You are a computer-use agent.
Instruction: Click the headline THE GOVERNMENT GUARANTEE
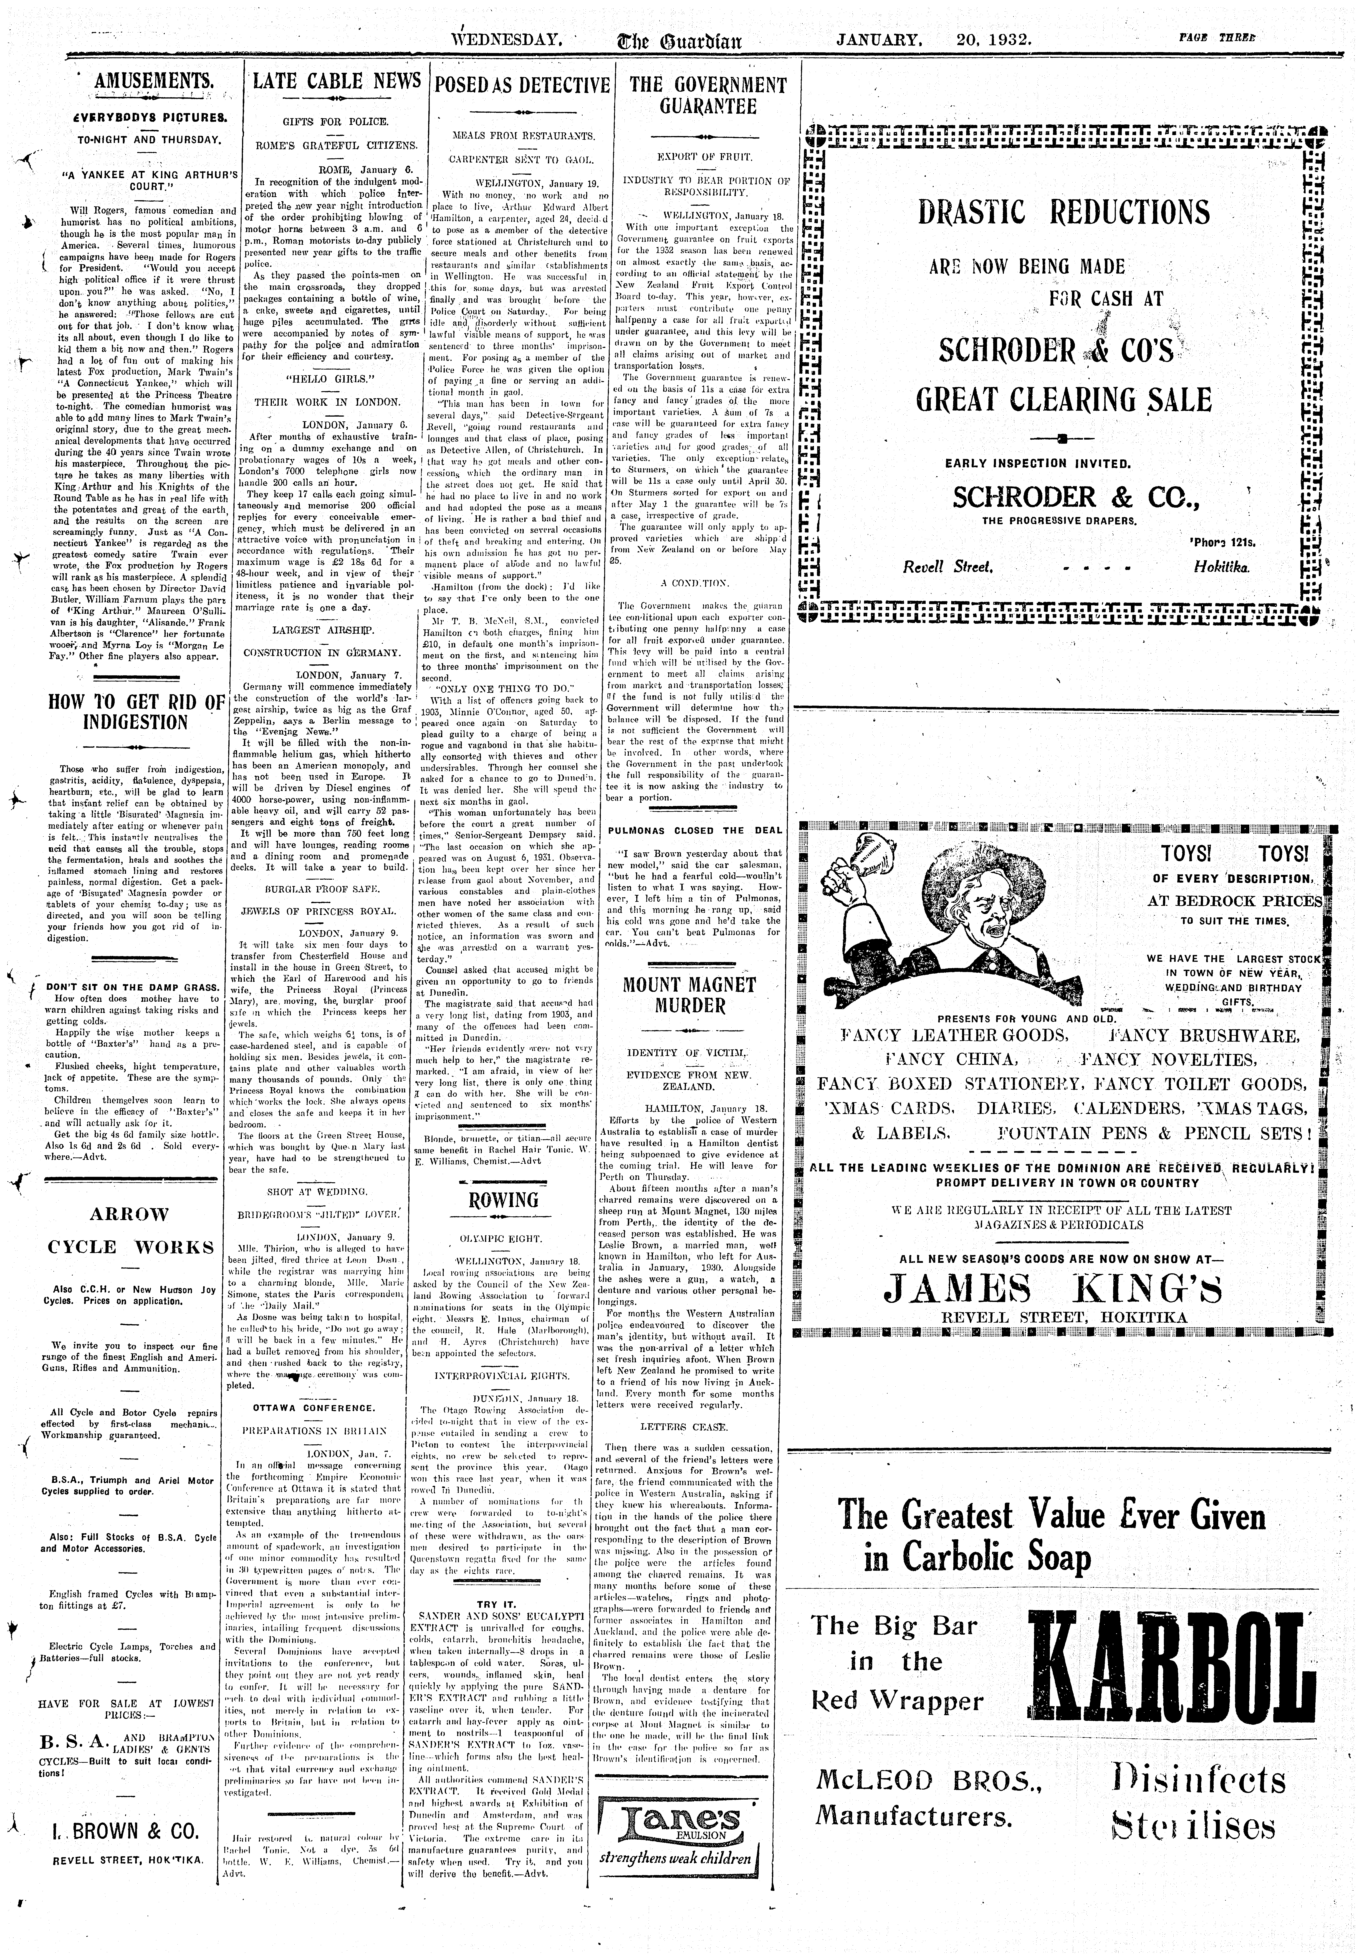tap(708, 95)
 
